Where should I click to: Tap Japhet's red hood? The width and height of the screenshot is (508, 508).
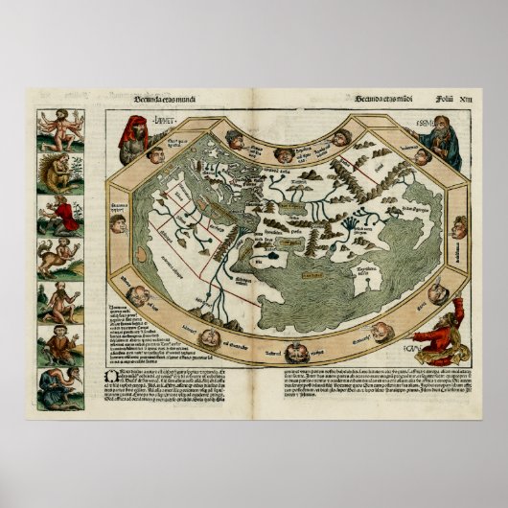click(129, 127)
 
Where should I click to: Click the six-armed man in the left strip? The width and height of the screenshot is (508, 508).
click(55, 127)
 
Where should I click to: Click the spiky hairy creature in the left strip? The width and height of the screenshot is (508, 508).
click(55, 171)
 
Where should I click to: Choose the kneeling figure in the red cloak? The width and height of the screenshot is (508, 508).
click(55, 214)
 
